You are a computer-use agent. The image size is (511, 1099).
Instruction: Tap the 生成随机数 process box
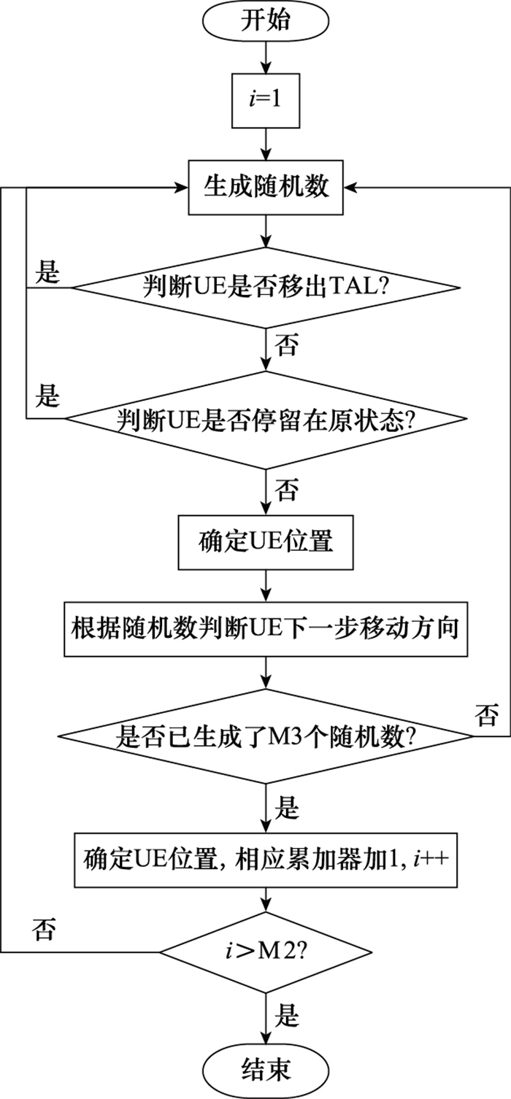pos(266,188)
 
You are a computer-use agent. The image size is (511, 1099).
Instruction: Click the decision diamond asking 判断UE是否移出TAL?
pos(266,287)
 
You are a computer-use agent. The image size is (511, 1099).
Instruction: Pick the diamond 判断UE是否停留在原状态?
pos(266,420)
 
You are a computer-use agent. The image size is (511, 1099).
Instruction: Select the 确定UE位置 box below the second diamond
pos(266,544)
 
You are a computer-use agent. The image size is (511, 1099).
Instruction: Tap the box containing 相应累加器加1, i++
pos(266,858)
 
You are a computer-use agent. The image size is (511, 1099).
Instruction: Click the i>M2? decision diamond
pos(266,952)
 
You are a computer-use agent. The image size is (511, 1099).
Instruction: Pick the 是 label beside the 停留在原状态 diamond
pos(47,397)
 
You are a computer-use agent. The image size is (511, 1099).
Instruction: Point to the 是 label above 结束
pos(287,1015)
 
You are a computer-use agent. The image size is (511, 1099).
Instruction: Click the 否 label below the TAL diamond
pos(286,347)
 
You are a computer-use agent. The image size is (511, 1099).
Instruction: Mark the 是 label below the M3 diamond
pos(287,808)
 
